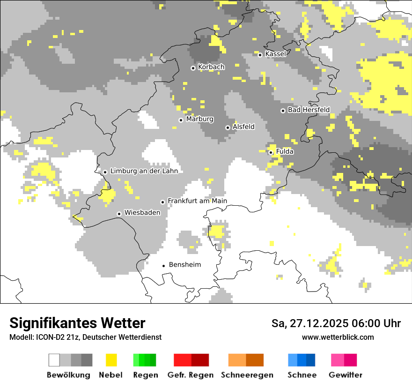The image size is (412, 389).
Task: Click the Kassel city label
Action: click(275, 54)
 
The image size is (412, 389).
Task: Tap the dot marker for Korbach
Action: click(193, 68)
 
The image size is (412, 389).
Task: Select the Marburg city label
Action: click(199, 119)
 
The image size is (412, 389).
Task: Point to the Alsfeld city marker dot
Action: click(228, 127)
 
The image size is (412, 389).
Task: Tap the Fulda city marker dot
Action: click(271, 152)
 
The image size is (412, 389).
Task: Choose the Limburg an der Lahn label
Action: click(144, 171)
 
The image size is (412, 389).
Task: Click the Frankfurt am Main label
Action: click(197, 201)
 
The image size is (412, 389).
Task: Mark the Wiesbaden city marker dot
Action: click(119, 214)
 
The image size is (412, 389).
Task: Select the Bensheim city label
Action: click(184, 265)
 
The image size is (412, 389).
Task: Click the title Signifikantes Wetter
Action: click(77, 323)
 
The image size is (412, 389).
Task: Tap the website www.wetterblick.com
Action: click(338, 337)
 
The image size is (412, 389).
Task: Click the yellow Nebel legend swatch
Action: click(111, 360)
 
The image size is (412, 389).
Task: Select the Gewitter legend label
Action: click(345, 375)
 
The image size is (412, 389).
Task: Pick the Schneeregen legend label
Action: click(247, 375)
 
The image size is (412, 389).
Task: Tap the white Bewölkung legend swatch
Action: click(54, 360)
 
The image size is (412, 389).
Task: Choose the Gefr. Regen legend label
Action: click(191, 375)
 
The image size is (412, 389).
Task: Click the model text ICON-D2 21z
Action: click(57, 337)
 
